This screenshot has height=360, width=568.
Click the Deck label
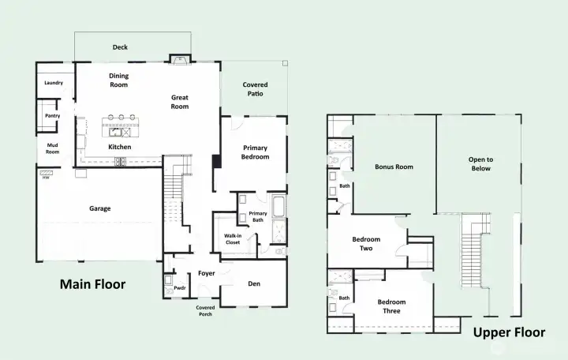(120, 47)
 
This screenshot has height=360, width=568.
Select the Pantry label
(52, 116)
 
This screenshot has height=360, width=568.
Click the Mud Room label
(52, 148)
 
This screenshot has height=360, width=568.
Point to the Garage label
(99, 208)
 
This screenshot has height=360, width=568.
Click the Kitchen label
(120, 147)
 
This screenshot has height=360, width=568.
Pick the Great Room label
(180, 102)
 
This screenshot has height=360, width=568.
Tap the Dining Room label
(118, 80)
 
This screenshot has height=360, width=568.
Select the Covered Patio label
(254, 88)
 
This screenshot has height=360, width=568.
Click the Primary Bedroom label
(255, 152)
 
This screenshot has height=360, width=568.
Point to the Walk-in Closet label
(232, 238)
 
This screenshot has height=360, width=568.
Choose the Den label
(254, 283)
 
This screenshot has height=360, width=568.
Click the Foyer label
(207, 273)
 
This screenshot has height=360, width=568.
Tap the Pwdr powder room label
(179, 288)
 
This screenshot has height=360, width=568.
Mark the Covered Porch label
(205, 310)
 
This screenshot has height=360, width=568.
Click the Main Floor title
(93, 283)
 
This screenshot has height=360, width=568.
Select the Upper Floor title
(508, 332)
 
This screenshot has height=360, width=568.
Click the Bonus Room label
(394, 167)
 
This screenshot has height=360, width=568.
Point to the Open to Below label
(480, 163)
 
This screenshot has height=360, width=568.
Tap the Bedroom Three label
(391, 306)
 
